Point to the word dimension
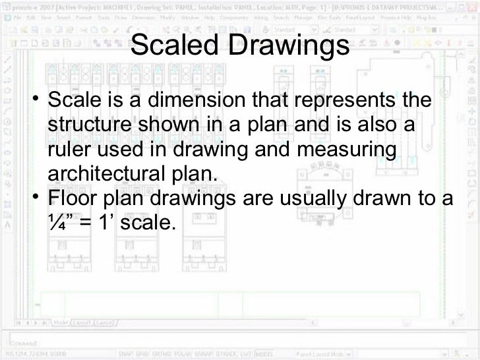191,103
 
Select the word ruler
67,151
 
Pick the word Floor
74,198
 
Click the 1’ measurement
107,223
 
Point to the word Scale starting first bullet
76,103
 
